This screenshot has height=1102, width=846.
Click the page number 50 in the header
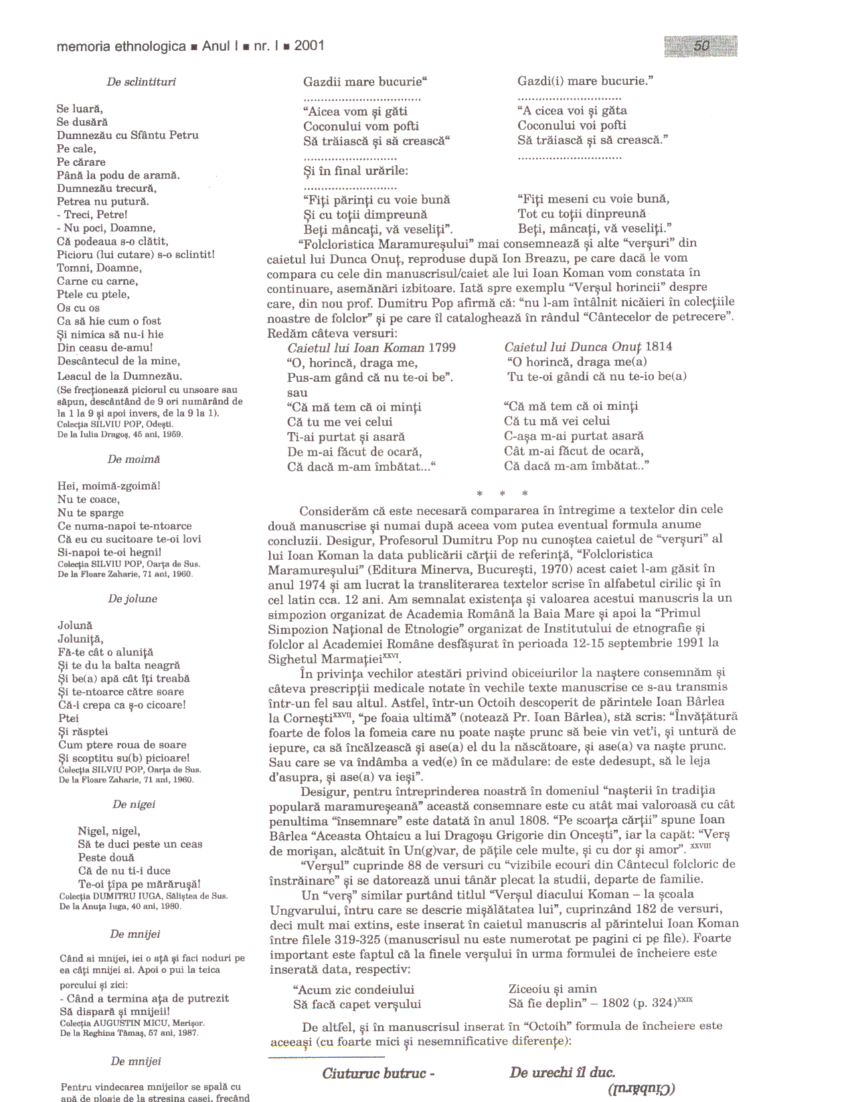[x=701, y=45]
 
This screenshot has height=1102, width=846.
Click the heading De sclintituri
[x=141, y=82]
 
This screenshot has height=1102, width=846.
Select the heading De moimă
[x=134, y=459]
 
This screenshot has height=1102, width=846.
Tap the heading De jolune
[x=133, y=598]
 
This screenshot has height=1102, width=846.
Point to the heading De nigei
[x=134, y=804]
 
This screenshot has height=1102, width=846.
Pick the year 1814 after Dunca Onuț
[x=659, y=346]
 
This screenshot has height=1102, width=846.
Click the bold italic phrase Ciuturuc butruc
[x=378, y=1074]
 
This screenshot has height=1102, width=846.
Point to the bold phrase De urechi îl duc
[x=562, y=1073]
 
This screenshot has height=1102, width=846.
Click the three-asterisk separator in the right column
[x=502, y=494]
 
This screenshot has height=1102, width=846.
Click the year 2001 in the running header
[x=309, y=45]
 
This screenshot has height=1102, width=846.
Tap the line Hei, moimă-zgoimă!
[x=108, y=486]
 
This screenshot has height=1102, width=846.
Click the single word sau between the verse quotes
[x=297, y=393]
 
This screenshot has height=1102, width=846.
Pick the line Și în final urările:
[x=355, y=171]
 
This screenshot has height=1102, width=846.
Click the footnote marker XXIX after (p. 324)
[x=685, y=1000]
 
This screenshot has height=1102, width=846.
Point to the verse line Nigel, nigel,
[x=108, y=831]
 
